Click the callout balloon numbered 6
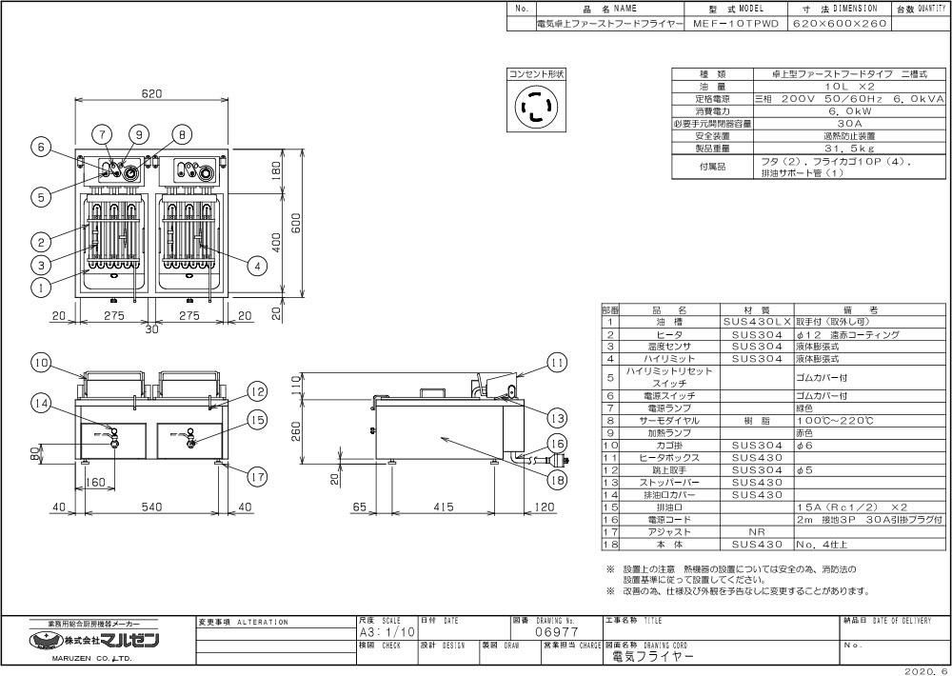pyautogui.click(x=39, y=148)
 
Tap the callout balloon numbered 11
pyautogui.click(x=557, y=363)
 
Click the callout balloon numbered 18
pyautogui.click(x=557, y=481)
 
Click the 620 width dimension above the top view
pyautogui.click(x=151, y=93)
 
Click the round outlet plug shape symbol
pyautogui.click(x=536, y=107)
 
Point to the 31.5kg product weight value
pyautogui.click(x=824, y=149)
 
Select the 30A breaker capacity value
pyautogui.click(x=824, y=123)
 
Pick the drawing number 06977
pyautogui.click(x=556, y=631)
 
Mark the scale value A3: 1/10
pyautogui.click(x=387, y=631)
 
